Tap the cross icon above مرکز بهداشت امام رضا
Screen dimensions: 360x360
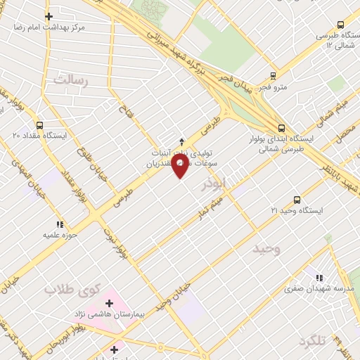[48, 16]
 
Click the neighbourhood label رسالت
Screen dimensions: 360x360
[72, 81]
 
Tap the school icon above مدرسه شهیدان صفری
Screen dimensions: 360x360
[321, 278]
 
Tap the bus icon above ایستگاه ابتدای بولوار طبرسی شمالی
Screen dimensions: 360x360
[281, 127]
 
